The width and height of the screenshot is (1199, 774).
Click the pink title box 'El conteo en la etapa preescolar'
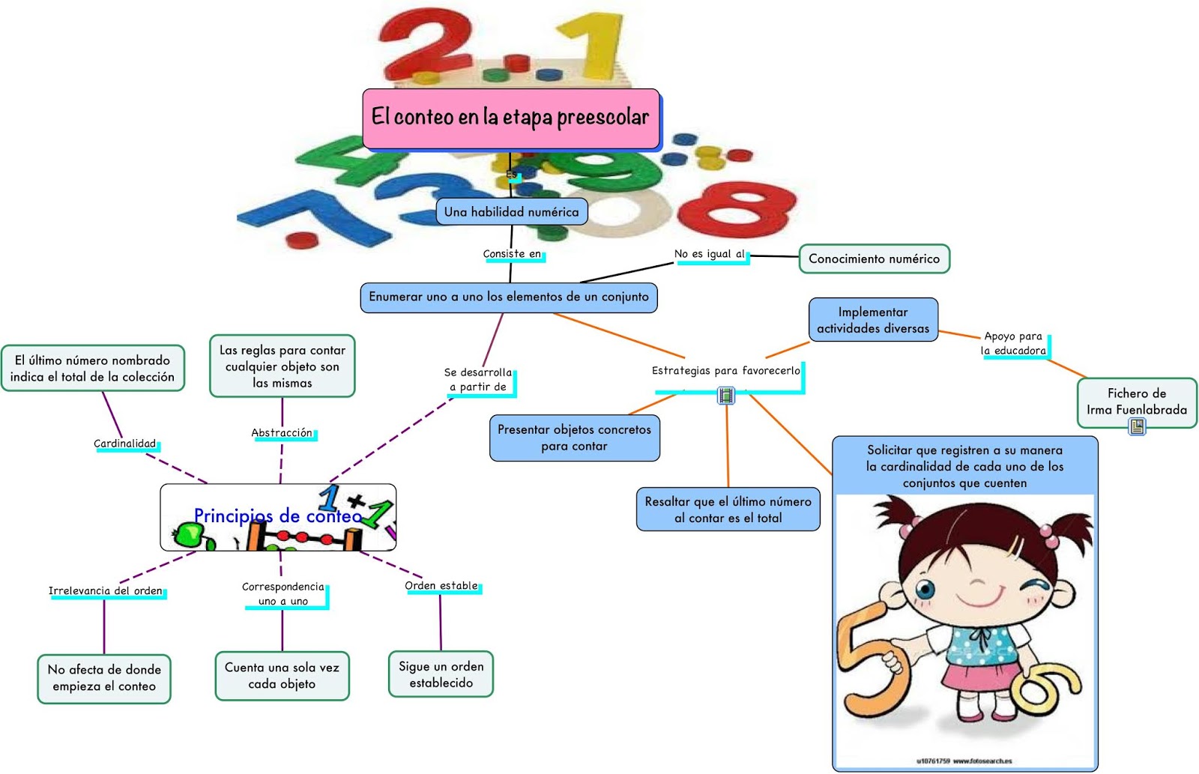point(511,118)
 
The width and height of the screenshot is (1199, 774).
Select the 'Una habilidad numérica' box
point(512,212)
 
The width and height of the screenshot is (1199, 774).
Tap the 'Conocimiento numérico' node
point(874,258)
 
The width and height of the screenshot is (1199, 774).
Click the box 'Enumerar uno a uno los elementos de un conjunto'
point(508,297)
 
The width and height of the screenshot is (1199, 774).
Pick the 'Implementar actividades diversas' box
point(873,320)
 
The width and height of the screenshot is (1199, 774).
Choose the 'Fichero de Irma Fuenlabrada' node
point(1136,402)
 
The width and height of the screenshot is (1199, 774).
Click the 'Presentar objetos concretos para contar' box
point(574,438)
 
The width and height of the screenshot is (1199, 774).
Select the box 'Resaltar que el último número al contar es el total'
point(728,510)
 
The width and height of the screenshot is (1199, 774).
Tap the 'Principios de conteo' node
point(278,517)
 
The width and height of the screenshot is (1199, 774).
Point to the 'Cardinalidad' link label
point(125,444)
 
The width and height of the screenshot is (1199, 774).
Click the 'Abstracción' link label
point(282,433)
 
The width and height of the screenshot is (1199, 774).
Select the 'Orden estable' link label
point(441,586)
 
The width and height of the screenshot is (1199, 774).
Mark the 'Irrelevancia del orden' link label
point(106,591)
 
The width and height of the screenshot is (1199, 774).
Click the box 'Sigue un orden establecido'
point(441,674)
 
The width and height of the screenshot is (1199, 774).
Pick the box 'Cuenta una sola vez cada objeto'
point(282,676)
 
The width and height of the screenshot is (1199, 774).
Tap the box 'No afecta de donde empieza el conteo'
point(104,678)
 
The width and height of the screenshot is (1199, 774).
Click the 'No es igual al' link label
point(709,254)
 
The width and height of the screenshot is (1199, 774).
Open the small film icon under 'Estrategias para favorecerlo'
point(725,395)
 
